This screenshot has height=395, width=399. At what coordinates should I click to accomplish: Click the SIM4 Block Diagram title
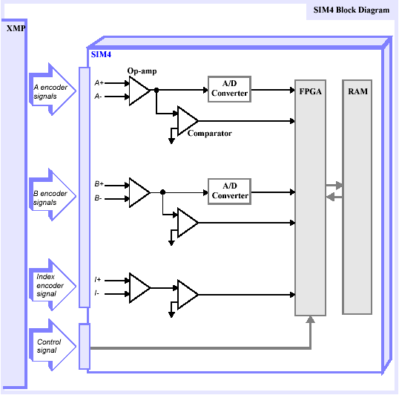[351, 10]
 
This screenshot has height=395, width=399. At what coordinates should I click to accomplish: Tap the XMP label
[16, 28]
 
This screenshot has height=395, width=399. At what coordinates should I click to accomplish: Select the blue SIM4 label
[101, 54]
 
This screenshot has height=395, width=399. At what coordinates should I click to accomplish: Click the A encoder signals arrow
[53, 90]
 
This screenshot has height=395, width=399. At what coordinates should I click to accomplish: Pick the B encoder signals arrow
[53, 195]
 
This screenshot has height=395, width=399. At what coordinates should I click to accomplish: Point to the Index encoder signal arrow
[53, 285]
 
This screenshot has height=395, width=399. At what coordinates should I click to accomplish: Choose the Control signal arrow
[53, 345]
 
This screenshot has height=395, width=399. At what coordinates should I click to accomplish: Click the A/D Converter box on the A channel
[229, 89]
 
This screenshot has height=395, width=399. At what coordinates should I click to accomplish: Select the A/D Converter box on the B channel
[229, 192]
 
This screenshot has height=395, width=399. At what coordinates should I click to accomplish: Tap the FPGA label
[310, 91]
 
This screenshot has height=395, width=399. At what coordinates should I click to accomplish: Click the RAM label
[357, 91]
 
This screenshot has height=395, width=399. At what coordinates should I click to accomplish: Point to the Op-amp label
[142, 71]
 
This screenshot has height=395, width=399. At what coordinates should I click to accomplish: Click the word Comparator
[209, 134]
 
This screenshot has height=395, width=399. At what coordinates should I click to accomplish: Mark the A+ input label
[99, 82]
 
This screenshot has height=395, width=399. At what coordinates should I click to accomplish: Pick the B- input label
[98, 198]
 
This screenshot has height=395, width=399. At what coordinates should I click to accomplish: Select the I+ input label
[98, 280]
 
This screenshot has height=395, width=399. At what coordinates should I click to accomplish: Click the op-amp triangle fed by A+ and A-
[139, 91]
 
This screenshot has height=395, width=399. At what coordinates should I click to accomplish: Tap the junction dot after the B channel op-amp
[163, 192]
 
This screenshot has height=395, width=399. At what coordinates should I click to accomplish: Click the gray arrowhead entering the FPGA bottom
[310, 319]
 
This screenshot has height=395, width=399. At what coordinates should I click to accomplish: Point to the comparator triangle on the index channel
[188, 295]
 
